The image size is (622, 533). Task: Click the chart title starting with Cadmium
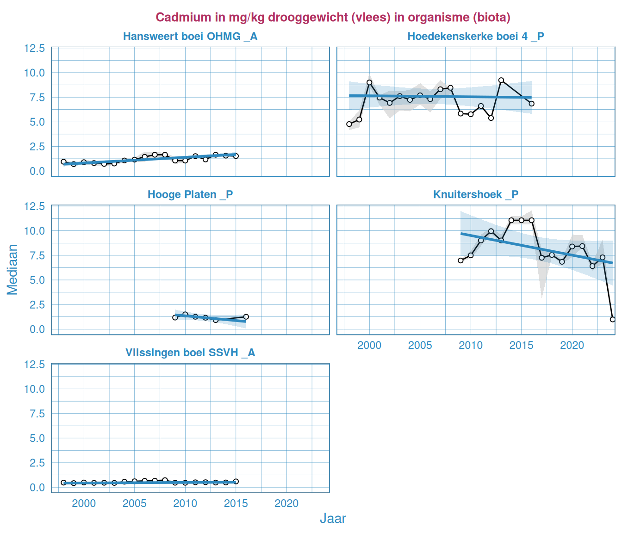click(x=333, y=17)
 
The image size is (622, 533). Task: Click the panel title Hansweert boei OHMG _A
click(x=190, y=37)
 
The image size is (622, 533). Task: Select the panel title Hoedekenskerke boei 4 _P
click(x=476, y=37)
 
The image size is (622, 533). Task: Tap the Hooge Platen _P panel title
click(x=190, y=195)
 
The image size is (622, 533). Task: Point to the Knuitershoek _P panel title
click(x=476, y=195)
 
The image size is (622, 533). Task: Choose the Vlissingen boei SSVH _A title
click(x=190, y=353)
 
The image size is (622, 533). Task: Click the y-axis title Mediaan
click(x=12, y=270)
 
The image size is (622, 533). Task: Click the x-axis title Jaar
click(x=333, y=519)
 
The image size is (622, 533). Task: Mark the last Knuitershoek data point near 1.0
click(x=613, y=319)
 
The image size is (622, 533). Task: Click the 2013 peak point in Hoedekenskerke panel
click(x=501, y=80)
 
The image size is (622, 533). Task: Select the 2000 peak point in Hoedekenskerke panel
click(x=369, y=82)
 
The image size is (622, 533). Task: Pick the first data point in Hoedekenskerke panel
click(x=349, y=124)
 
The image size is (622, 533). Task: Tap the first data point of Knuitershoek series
click(x=460, y=260)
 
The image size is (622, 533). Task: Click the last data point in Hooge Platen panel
click(x=246, y=317)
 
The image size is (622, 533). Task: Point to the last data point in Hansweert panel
click(x=236, y=156)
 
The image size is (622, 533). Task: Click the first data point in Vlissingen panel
click(x=63, y=483)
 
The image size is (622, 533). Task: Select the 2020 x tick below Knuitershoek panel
click(x=572, y=345)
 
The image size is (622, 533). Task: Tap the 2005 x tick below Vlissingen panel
click(x=134, y=503)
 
